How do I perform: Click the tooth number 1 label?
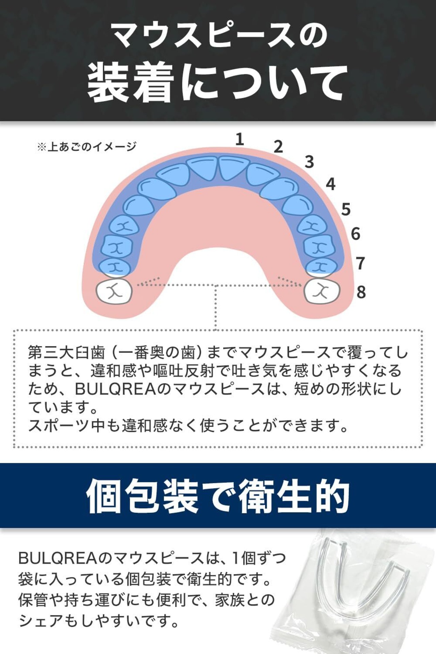pyautogui.click(x=240, y=139)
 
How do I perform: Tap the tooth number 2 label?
pyautogui.click(x=278, y=146)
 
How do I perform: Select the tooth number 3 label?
pyautogui.click(x=309, y=162)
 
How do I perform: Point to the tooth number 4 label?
pyautogui.click(x=330, y=184)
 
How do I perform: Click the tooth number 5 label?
pyautogui.click(x=346, y=209)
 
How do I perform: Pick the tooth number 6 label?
pyautogui.click(x=355, y=234)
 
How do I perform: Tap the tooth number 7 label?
pyautogui.click(x=360, y=263)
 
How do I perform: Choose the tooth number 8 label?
pyautogui.click(x=361, y=292)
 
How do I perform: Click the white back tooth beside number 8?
pyautogui.click(x=322, y=291)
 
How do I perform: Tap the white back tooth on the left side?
pyautogui.click(x=114, y=291)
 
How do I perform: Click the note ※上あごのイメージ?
pyautogui.click(x=87, y=147)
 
